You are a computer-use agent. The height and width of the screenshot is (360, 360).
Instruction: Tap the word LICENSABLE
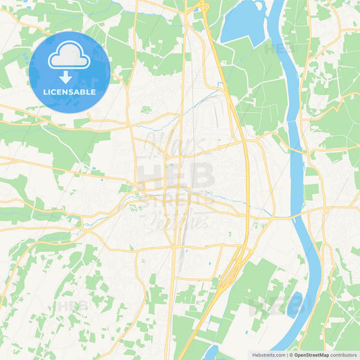pos(70,91)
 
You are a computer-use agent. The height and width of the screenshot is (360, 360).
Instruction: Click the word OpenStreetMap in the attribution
pos(311,355)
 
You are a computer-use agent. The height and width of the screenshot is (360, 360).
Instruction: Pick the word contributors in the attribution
pos(343,355)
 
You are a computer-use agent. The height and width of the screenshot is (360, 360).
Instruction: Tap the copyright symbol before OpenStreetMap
pos(289,355)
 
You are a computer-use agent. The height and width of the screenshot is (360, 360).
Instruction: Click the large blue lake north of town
pos(243,24)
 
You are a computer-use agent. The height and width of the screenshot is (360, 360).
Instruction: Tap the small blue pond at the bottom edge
pos(211,353)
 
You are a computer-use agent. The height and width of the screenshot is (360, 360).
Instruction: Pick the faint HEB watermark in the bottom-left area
pos(72,306)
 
